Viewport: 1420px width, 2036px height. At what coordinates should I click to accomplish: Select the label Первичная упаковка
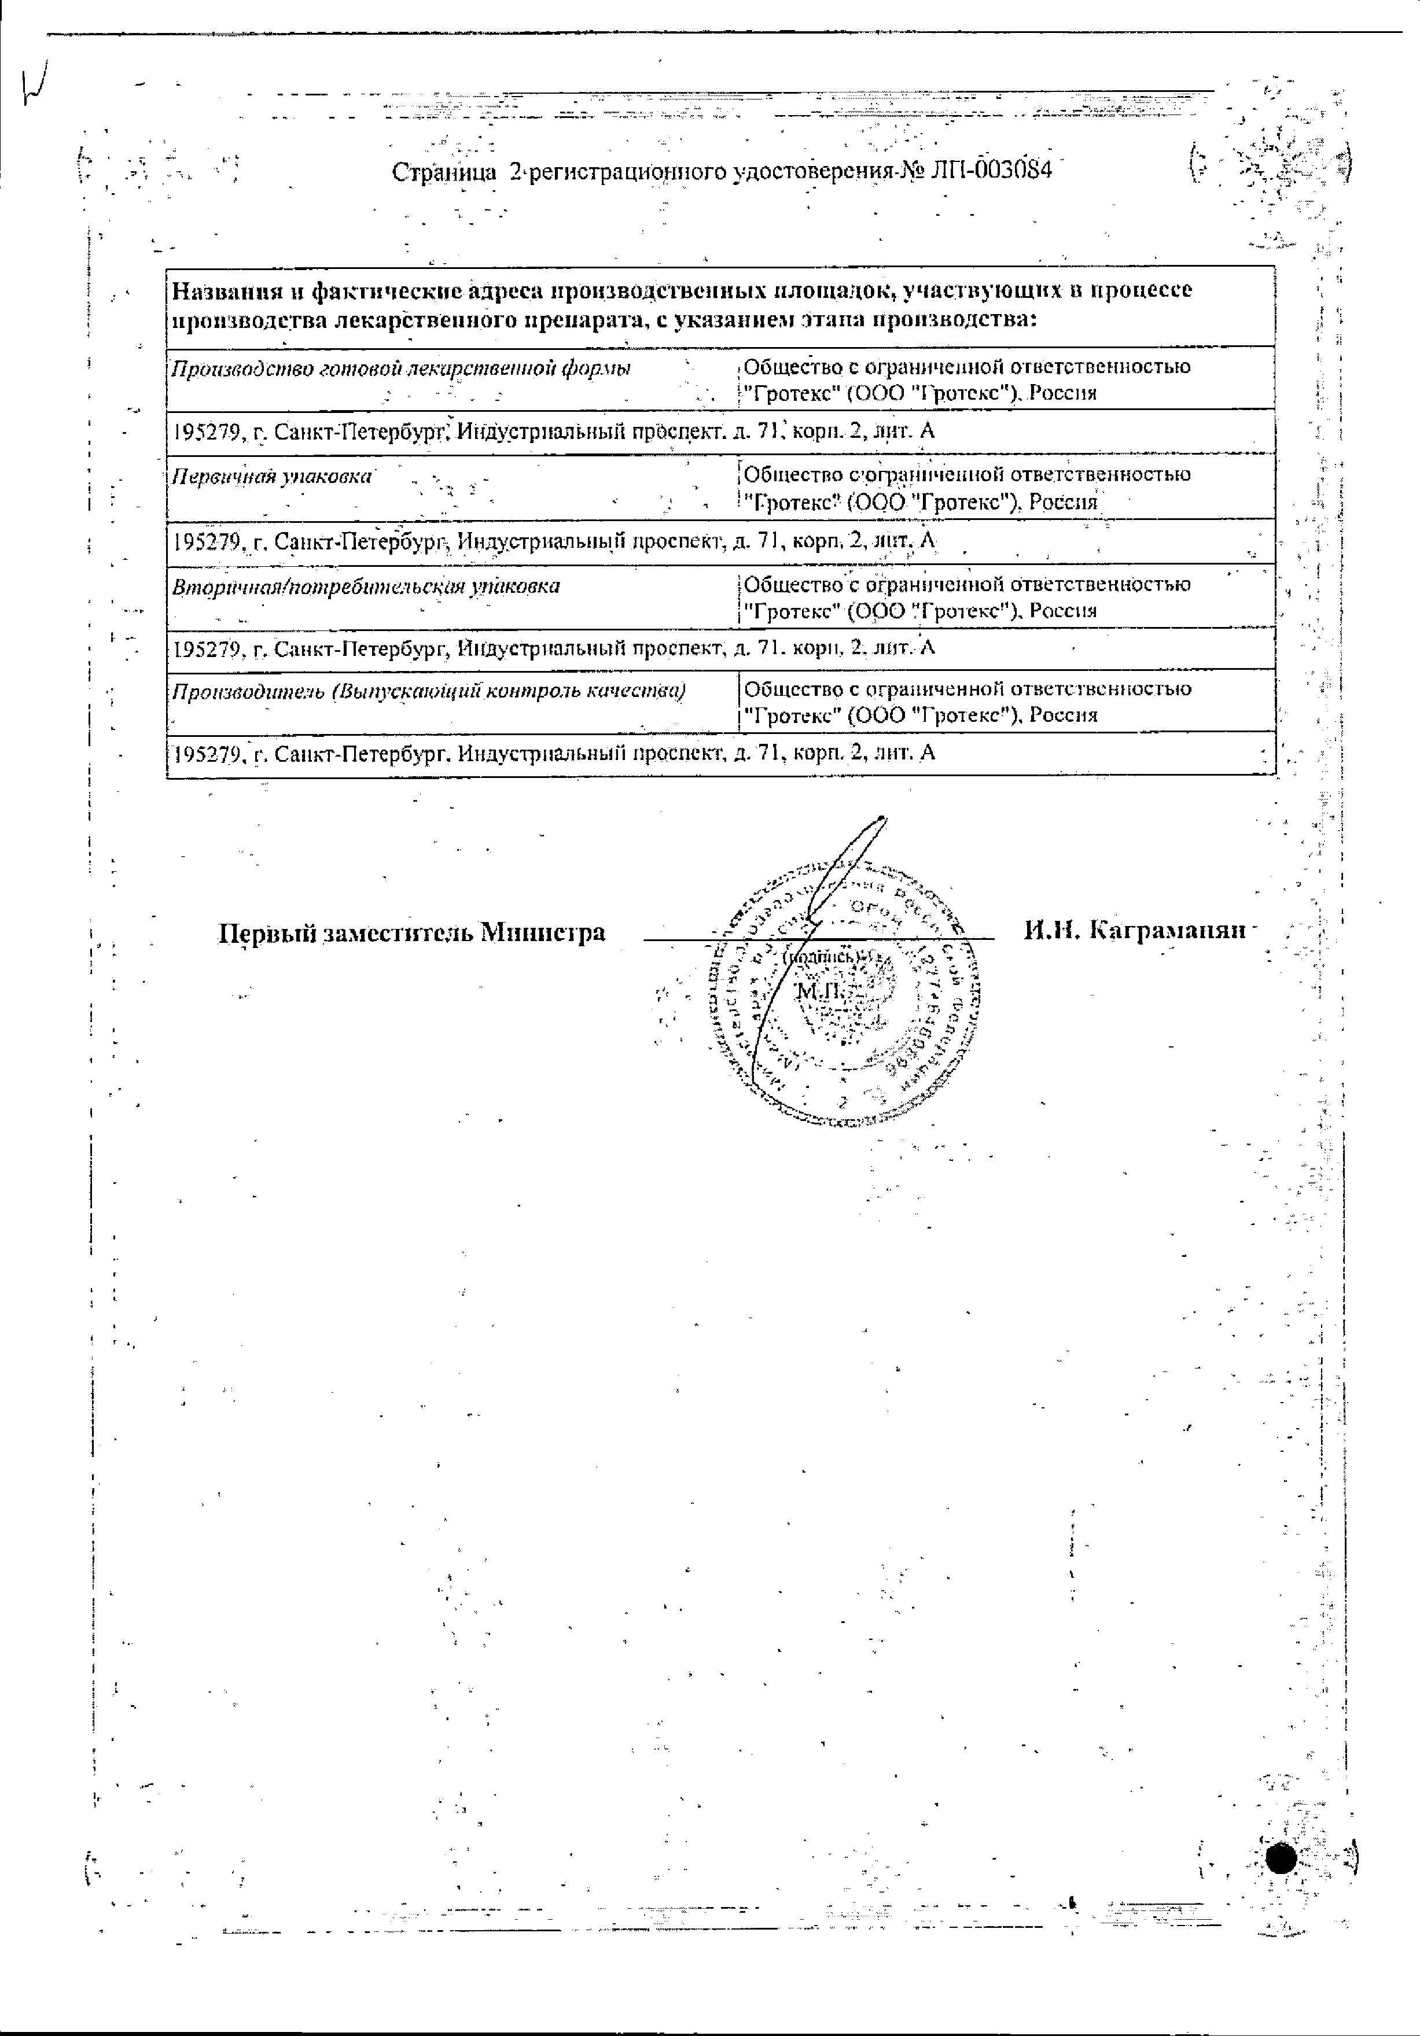271,476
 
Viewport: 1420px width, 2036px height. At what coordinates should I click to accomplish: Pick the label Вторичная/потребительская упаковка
366,586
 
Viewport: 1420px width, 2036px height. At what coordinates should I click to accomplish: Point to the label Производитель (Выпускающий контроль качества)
428,691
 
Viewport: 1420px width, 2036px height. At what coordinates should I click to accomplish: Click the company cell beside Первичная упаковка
966,488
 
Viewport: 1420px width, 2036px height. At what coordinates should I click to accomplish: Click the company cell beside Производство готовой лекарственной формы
966,379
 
